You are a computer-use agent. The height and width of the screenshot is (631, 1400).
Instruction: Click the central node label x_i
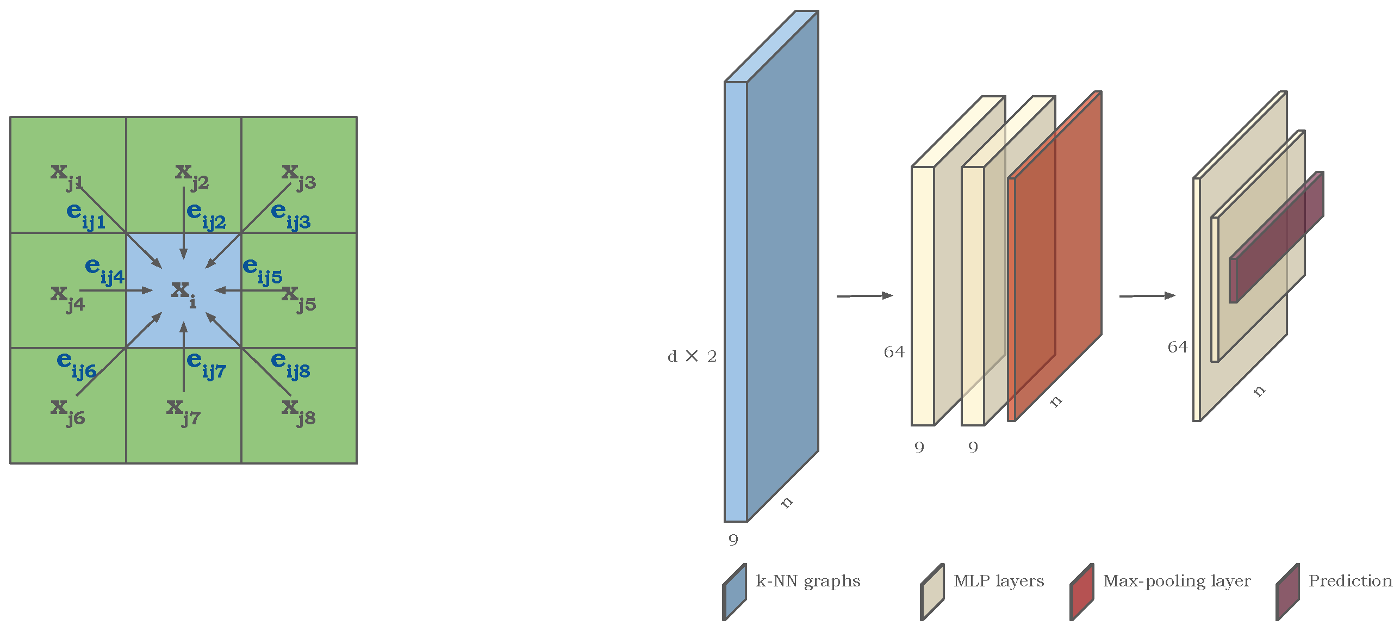[x=183, y=293]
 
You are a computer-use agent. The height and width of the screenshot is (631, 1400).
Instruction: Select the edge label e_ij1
[x=85, y=216]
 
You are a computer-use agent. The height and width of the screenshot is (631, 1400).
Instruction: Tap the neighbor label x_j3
[x=298, y=177]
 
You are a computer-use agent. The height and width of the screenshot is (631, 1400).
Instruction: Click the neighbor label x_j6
[x=67, y=412]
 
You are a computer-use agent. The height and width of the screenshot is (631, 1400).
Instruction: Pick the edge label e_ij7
[x=206, y=364]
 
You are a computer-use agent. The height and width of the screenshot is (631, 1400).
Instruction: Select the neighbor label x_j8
[x=298, y=412]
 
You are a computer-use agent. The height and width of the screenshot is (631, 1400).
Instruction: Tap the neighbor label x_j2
[x=192, y=177]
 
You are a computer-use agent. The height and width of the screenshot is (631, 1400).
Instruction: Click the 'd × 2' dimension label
[x=692, y=356]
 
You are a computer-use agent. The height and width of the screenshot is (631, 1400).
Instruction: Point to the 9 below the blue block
[x=733, y=540]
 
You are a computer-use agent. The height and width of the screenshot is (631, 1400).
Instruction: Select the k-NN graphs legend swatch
[x=735, y=592]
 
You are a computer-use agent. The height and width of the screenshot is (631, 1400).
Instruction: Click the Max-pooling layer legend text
[x=1177, y=581]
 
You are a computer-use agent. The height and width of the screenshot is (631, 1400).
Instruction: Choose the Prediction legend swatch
[x=1287, y=592]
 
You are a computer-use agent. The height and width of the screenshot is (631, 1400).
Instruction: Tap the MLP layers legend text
[x=998, y=581]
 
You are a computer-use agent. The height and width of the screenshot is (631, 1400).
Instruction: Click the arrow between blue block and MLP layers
[x=864, y=295]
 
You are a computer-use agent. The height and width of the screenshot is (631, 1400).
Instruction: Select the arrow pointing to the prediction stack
[x=1147, y=295]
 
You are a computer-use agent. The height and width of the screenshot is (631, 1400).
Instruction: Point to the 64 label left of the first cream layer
[x=894, y=352]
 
